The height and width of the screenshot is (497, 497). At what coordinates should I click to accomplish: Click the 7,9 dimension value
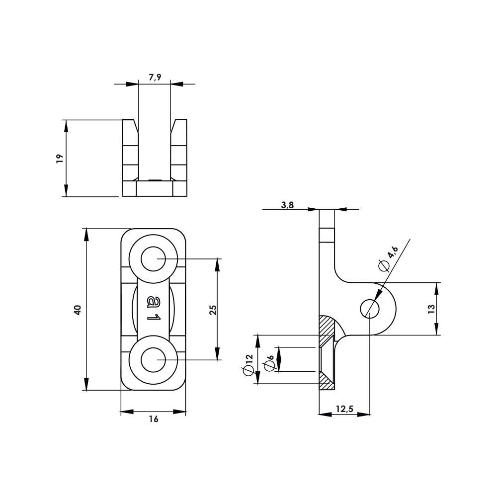pos(155,77)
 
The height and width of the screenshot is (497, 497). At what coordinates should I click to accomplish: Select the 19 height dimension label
pos(60,159)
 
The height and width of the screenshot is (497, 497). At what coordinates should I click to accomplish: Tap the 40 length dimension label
pos(77,310)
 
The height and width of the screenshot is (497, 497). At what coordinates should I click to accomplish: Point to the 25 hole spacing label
pos(213,310)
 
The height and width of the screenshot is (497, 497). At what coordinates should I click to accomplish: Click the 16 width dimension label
pos(154,419)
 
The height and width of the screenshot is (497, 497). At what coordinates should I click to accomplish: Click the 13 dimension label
pos(431,308)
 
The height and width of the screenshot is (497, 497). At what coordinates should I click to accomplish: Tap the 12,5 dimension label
pos(344,409)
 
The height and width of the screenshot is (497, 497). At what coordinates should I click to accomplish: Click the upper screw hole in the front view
pos(154,259)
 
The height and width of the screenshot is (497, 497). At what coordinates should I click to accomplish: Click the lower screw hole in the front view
pos(154,359)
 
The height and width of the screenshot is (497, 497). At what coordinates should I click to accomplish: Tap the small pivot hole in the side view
pos(370,309)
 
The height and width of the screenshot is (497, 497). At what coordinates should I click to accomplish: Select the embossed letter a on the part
pos(154,301)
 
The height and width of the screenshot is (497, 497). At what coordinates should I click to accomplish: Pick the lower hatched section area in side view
pos(327,381)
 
